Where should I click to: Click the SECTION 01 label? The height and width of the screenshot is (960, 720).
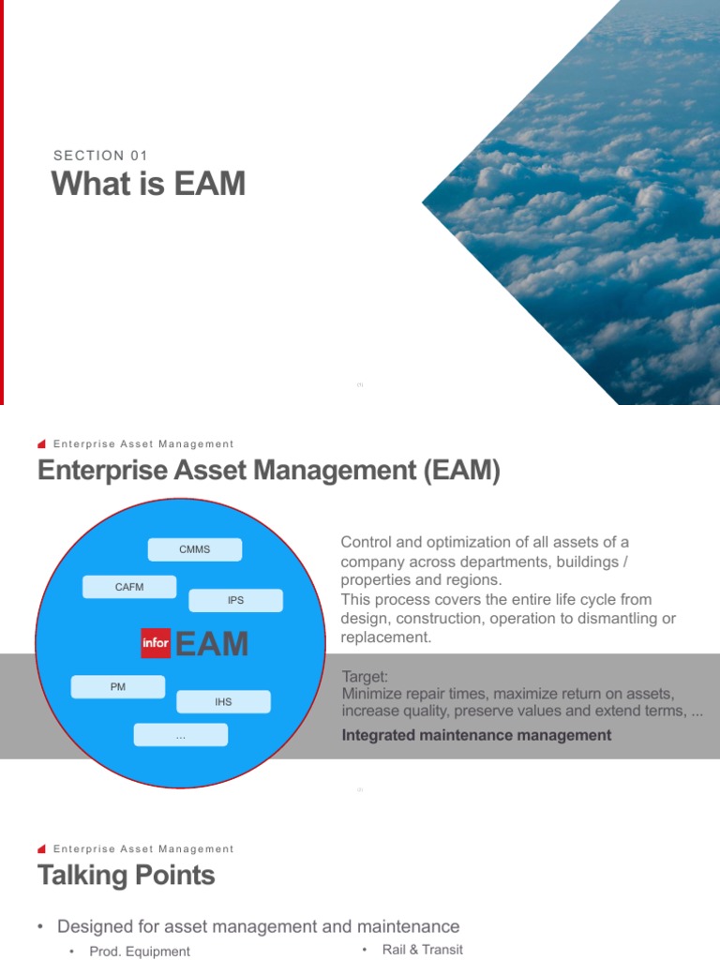coord(100,156)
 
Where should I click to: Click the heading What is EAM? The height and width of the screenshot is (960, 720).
coord(148,184)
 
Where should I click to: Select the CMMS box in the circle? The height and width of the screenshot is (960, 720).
coord(194,549)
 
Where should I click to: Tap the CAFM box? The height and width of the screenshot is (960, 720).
coord(129,587)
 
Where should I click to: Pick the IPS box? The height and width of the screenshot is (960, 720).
coord(235,600)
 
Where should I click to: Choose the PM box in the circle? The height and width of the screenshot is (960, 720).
coord(118,687)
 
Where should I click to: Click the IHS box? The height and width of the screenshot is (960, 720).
coord(223,701)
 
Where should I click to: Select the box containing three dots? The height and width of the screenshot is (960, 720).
coord(180,736)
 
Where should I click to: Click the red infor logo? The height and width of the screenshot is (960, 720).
coord(156,643)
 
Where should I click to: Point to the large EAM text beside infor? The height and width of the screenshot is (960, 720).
coord(212,644)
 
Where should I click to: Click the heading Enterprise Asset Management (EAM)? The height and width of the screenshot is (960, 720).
coord(269,471)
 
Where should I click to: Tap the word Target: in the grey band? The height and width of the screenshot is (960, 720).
coord(365,676)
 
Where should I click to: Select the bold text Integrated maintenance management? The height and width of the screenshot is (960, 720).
coord(476,735)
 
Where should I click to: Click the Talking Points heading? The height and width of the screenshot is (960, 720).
coord(127,876)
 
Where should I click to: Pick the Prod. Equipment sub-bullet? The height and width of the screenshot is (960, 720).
coord(140,951)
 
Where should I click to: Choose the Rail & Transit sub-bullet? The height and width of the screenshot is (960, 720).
coord(423,949)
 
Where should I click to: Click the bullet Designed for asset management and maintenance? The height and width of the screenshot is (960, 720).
coord(258,926)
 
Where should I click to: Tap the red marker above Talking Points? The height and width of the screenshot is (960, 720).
coord(42,848)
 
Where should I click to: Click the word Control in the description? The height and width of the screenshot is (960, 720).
coord(366,542)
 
